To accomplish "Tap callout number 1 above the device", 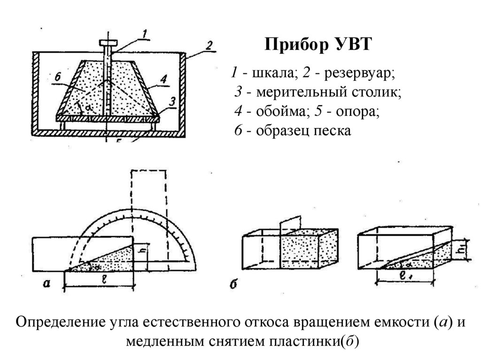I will (x=145, y=33).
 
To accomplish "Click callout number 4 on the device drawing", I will (x=163, y=80).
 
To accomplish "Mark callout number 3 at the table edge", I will (x=172, y=100).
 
